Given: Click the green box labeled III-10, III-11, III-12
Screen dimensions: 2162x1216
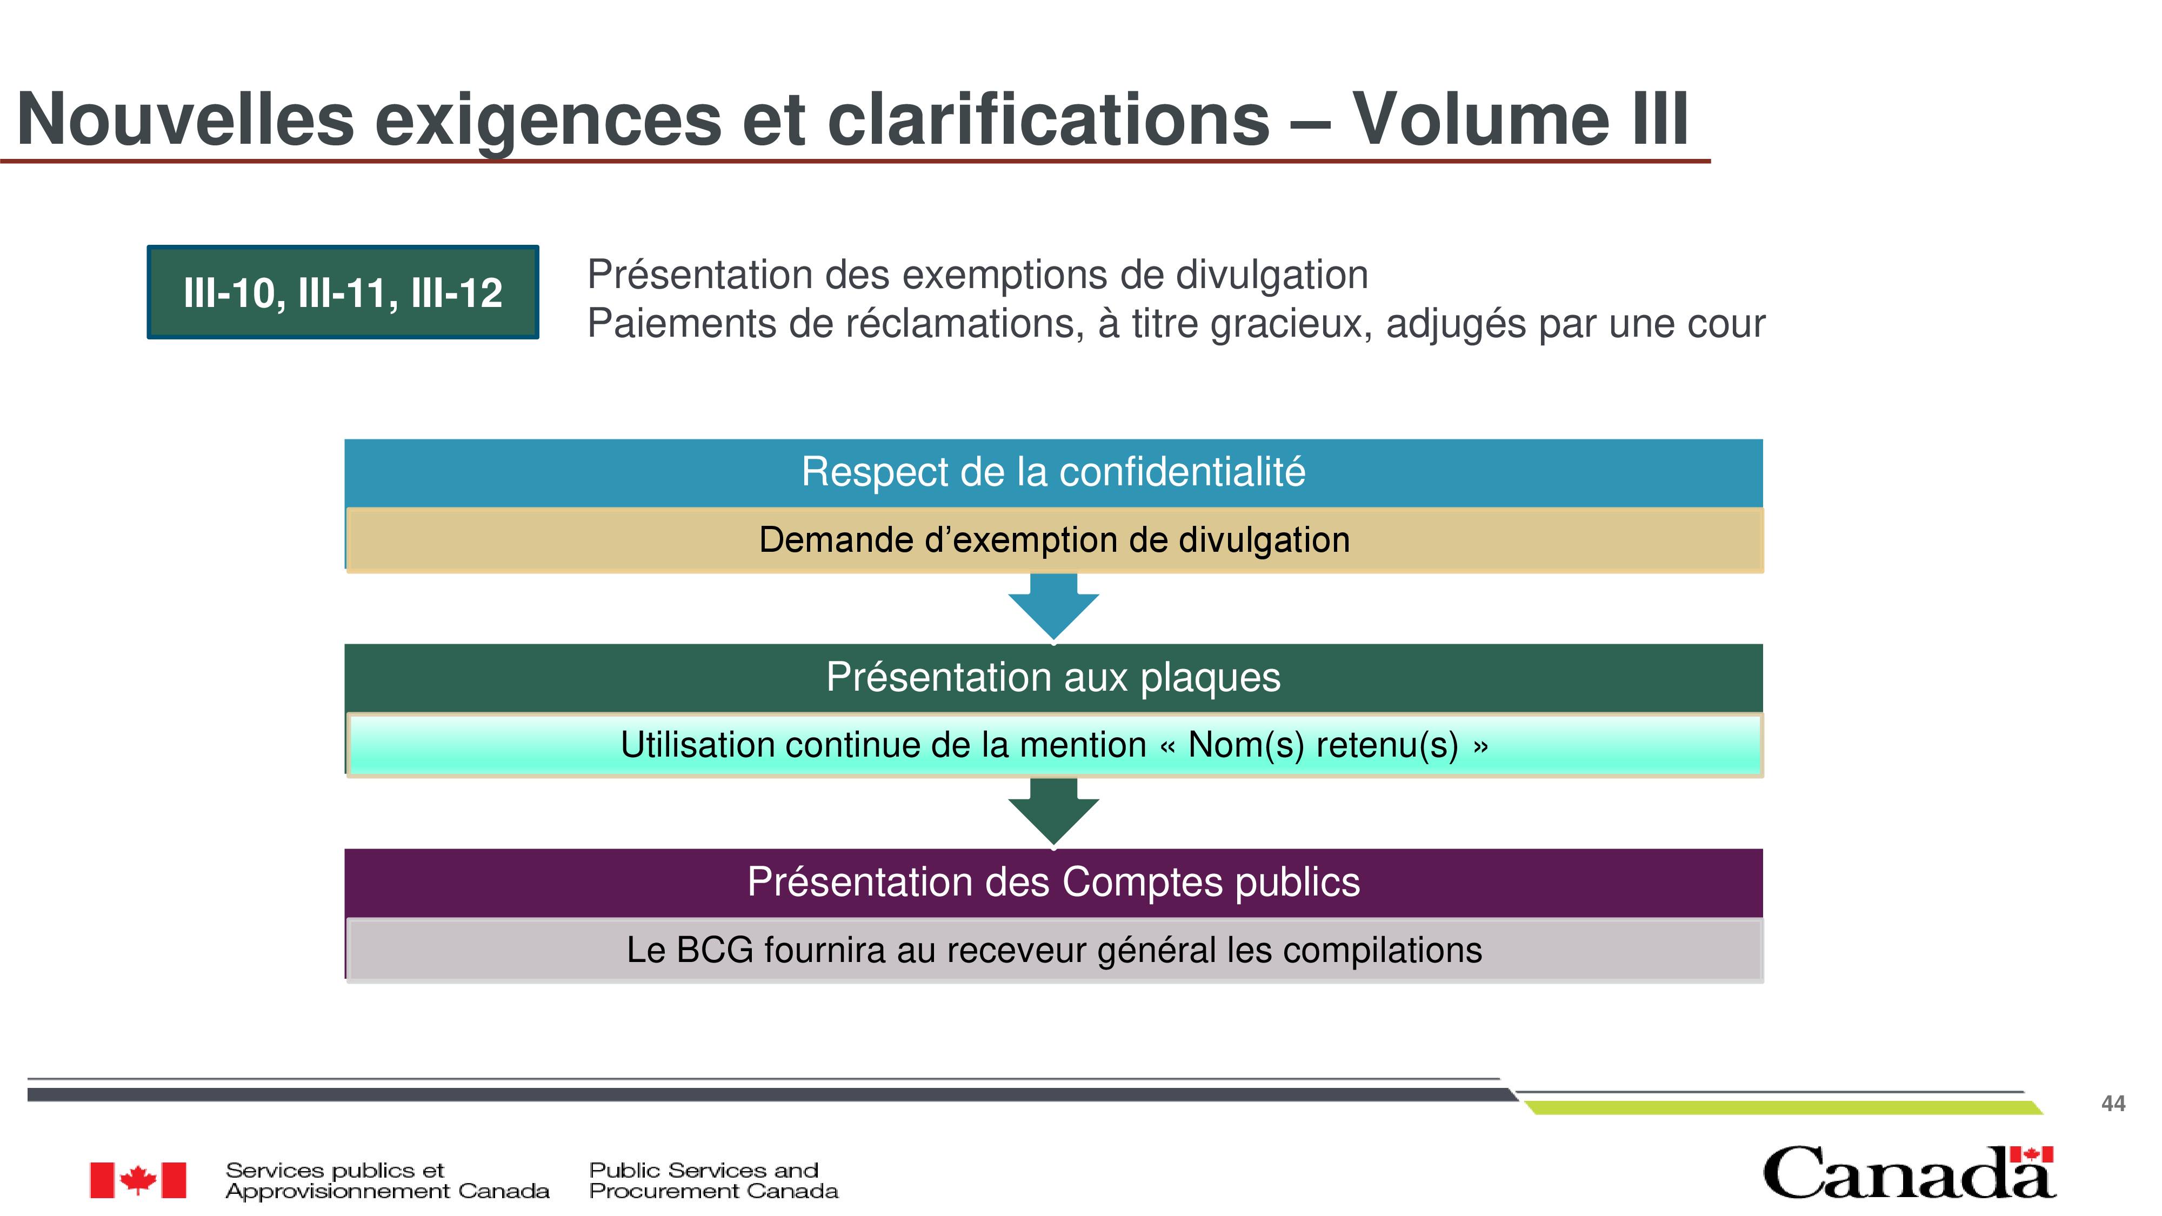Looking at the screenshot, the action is [343, 292].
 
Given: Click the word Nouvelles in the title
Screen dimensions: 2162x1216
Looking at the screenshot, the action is [185, 118].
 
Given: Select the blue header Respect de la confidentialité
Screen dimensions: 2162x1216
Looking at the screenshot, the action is [1053, 472].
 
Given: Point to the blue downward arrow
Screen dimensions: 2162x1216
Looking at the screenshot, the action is [1053, 607].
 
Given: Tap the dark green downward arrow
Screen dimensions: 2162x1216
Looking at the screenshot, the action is [1053, 812].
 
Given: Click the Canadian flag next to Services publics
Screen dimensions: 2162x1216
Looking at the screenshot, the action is [138, 1180].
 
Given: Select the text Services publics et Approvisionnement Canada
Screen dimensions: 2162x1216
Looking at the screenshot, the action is [387, 1180].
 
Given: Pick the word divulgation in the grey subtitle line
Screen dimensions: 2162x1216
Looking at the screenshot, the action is [1271, 275].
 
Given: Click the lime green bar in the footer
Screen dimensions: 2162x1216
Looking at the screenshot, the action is [1784, 1108].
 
